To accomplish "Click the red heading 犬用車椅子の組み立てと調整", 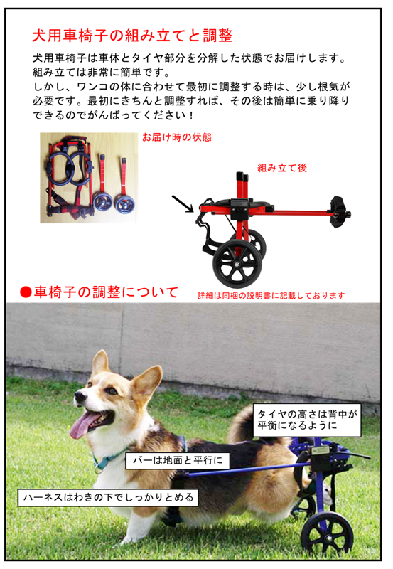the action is [132, 36].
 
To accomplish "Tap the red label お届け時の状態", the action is [177, 137].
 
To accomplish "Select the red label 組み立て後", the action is [282, 168].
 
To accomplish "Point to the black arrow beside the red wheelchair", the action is [183, 203].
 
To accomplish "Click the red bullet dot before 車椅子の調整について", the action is [26, 292].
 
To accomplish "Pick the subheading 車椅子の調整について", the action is [106, 292].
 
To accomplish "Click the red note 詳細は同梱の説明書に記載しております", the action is [271, 295].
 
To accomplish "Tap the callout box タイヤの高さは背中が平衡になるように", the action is [307, 420].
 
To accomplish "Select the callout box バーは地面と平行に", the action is [178, 460].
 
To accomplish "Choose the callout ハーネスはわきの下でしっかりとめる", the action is [109, 497].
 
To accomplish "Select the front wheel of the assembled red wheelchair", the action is [237, 263].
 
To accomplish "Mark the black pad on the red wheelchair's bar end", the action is [338, 211].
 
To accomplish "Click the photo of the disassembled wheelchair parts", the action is [89, 177].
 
